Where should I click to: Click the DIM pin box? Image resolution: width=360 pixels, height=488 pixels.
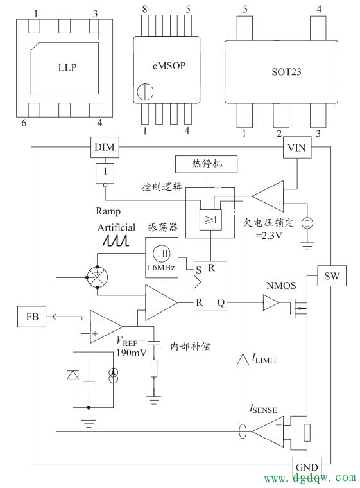(x=103, y=148)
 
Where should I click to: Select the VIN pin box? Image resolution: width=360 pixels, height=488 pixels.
(x=297, y=148)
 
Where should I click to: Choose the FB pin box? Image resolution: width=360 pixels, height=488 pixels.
(x=32, y=316)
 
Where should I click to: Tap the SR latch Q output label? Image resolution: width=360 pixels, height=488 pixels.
(x=219, y=300)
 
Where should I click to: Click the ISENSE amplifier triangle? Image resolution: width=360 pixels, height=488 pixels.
(x=270, y=431)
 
